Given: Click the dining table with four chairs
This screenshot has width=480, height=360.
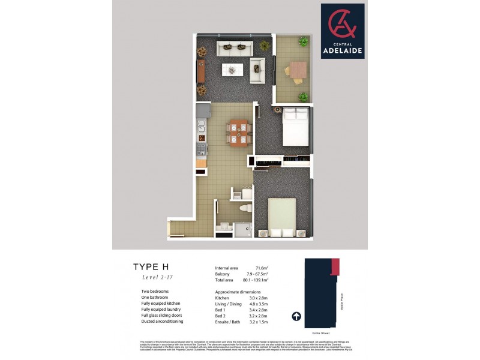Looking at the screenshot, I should pos(238,132).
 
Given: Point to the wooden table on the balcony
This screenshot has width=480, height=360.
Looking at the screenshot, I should pos(298,70).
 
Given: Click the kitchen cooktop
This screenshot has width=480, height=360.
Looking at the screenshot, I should pos(202,148).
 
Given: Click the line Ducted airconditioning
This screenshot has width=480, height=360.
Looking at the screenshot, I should pos(162,321).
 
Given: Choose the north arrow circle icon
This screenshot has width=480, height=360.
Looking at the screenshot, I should pos(296,316).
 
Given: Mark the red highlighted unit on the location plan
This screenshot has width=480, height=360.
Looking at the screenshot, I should pos(335,265).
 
